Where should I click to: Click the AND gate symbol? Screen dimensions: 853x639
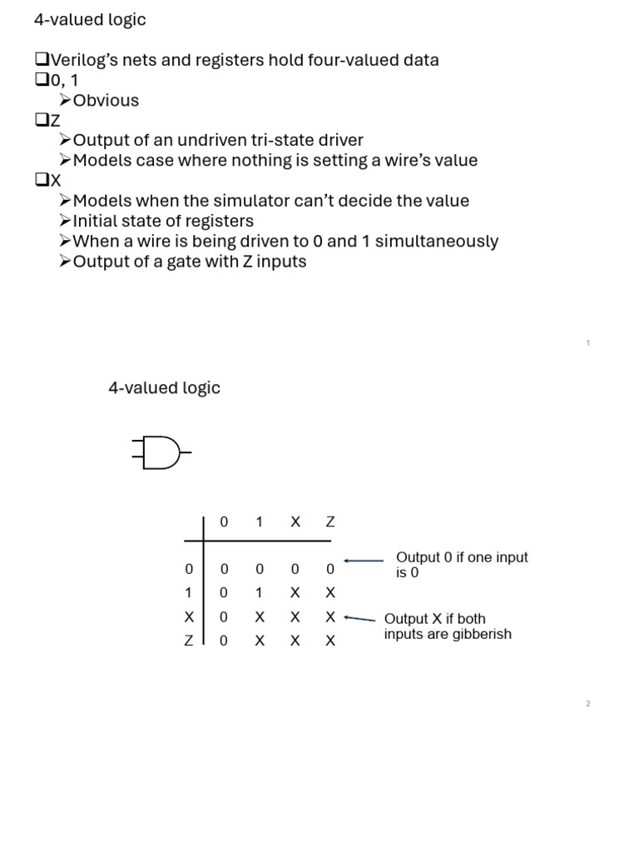point(161,452)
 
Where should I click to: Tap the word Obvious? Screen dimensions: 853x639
point(106,101)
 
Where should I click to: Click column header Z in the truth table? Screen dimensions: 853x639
point(330,522)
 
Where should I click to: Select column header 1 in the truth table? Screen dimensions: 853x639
point(260,522)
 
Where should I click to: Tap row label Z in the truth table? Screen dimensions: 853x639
point(189,641)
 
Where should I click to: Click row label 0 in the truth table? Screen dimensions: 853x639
point(189,569)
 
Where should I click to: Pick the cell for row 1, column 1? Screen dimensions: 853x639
point(260,593)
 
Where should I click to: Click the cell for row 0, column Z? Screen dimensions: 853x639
point(330,569)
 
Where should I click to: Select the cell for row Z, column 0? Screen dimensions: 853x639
point(223,641)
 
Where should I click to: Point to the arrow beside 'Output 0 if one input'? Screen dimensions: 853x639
point(364,561)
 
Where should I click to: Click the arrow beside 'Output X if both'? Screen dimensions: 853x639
point(359,619)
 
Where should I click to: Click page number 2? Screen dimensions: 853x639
point(587,704)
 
